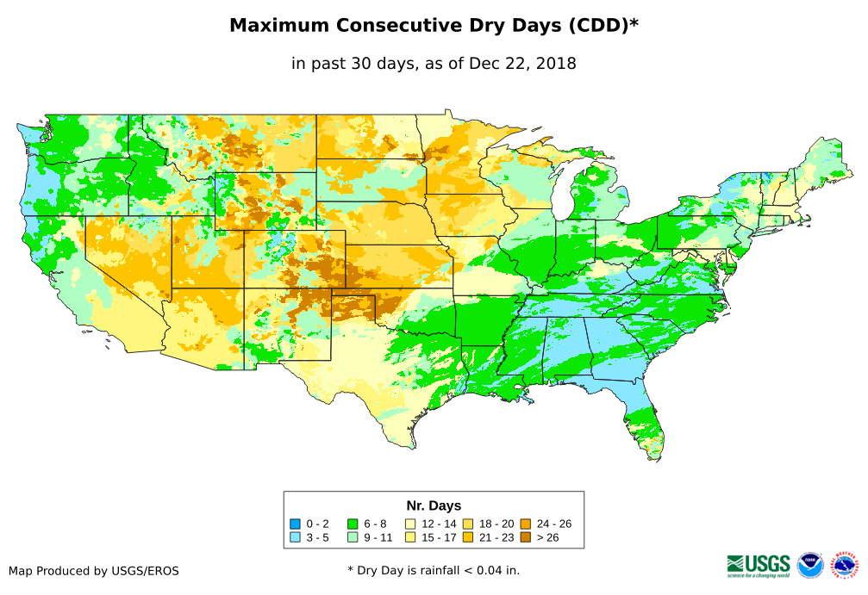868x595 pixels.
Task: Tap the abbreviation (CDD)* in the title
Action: pyautogui.click(x=602, y=26)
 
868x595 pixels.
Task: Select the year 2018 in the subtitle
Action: pyautogui.click(x=555, y=63)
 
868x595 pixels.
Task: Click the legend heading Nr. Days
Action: pyautogui.click(x=434, y=505)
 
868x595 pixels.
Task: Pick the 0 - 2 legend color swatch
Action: pyautogui.click(x=296, y=524)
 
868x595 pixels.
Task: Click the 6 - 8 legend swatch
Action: pyautogui.click(x=352, y=524)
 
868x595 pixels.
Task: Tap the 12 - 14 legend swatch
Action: pyautogui.click(x=411, y=524)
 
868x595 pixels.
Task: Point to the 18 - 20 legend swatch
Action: pyautogui.click(x=467, y=524)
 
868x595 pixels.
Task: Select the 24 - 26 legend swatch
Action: pyautogui.click(x=525, y=524)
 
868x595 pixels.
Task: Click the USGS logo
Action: pyautogui.click(x=759, y=565)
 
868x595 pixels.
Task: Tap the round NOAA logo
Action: pyautogui.click(x=810, y=565)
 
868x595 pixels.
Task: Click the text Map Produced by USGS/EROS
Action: pyautogui.click(x=94, y=571)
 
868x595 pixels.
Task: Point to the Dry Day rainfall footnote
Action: pyautogui.click(x=434, y=570)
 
